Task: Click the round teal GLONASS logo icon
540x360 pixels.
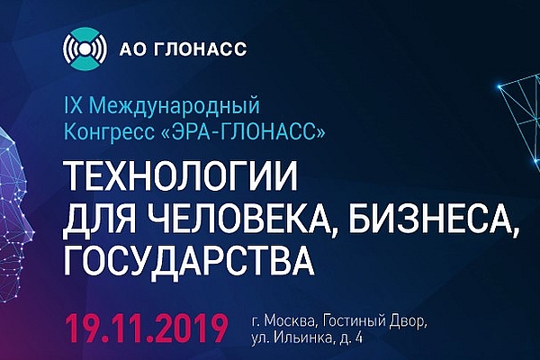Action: coord(85,49)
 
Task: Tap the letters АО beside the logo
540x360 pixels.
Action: coord(132,49)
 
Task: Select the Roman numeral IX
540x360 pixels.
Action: coord(74,106)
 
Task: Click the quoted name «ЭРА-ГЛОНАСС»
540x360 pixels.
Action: coord(243,132)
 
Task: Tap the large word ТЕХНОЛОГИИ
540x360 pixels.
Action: coord(181,176)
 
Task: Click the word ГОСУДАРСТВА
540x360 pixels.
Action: coord(189,260)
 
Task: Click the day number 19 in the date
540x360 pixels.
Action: coord(84,327)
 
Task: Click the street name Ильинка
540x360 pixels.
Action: coord(303,339)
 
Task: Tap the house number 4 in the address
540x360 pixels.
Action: coord(358,339)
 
